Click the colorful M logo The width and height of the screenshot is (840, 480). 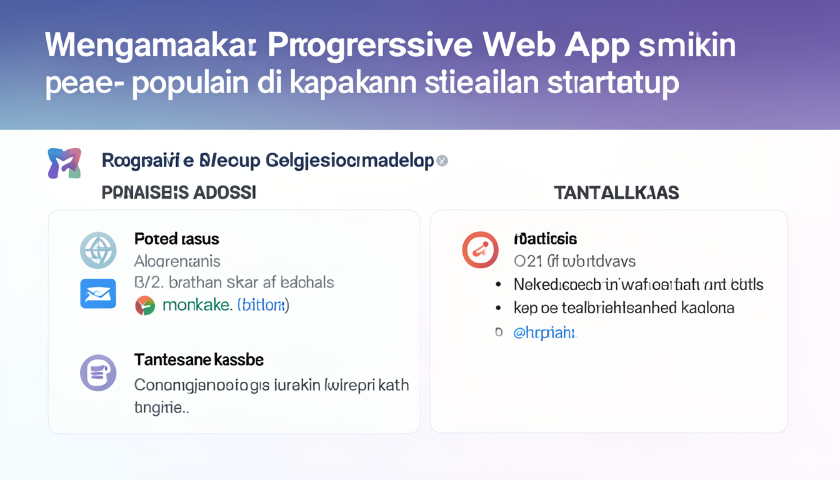[64, 163]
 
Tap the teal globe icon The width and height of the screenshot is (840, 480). [98, 250]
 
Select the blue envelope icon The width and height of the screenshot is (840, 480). [98, 293]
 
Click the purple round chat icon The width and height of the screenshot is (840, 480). [98, 372]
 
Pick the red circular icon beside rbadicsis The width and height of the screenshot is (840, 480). [480, 250]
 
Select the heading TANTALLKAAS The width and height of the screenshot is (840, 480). [616, 192]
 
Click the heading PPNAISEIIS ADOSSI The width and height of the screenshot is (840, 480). [179, 192]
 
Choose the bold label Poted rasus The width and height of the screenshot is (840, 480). [176, 239]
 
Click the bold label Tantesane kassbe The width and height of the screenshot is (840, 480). [199, 360]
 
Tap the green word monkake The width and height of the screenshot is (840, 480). [197, 306]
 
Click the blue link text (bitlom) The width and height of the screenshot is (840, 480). [263, 306]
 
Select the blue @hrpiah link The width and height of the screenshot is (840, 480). [544, 332]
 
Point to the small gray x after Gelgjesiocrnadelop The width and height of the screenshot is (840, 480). [442, 161]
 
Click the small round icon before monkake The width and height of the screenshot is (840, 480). [145, 306]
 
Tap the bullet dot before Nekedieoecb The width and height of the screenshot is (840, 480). [498, 285]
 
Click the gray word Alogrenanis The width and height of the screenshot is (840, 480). [177, 261]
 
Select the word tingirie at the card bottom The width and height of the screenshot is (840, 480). [161, 408]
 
